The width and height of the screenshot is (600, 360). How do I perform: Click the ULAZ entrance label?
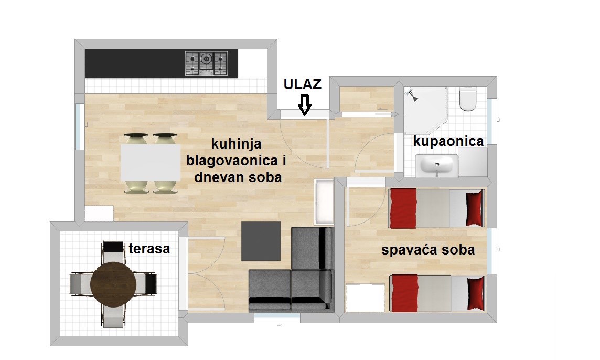click(302, 84)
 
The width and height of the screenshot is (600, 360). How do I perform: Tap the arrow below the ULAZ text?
click(305, 105)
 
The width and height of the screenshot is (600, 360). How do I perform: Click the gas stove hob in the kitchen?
click(206, 63)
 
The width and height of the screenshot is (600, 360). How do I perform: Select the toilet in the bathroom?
click(468, 99)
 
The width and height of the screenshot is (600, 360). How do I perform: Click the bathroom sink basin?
click(436, 166)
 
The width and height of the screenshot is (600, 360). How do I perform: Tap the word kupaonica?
click(448, 141)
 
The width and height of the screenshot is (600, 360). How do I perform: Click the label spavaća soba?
click(428, 250)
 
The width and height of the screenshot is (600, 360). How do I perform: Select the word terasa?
click(149, 249)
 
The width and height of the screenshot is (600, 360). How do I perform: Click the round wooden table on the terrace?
click(113, 284)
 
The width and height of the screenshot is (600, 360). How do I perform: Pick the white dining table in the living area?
click(151, 162)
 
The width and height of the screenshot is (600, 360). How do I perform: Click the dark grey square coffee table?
click(261, 241)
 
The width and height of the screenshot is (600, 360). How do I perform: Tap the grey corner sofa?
click(291, 270)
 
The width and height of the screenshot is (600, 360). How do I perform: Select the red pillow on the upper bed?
click(474, 209)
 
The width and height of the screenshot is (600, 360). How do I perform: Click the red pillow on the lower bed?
click(475, 293)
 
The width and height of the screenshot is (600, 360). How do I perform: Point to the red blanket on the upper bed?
click(403, 208)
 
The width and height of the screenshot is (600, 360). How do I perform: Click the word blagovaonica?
click(232, 161)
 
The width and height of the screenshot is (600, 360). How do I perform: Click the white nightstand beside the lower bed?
click(365, 298)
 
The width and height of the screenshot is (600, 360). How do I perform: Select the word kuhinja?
click(237, 144)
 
